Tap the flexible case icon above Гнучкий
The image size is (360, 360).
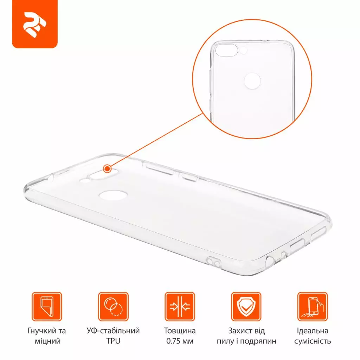(x=47, y=307)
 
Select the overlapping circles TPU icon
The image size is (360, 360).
(x=113, y=307)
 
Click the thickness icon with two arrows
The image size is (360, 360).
(x=180, y=307)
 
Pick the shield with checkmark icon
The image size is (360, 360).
(x=246, y=307)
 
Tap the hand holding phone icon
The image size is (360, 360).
(x=313, y=307)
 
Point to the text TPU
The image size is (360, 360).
(x=113, y=341)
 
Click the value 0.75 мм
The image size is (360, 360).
(x=180, y=341)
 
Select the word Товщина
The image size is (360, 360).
(x=180, y=331)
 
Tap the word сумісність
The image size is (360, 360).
(x=313, y=341)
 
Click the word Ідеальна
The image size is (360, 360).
(x=313, y=331)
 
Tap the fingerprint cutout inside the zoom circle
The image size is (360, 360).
(x=252, y=81)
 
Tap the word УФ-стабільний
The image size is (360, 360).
(x=113, y=331)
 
